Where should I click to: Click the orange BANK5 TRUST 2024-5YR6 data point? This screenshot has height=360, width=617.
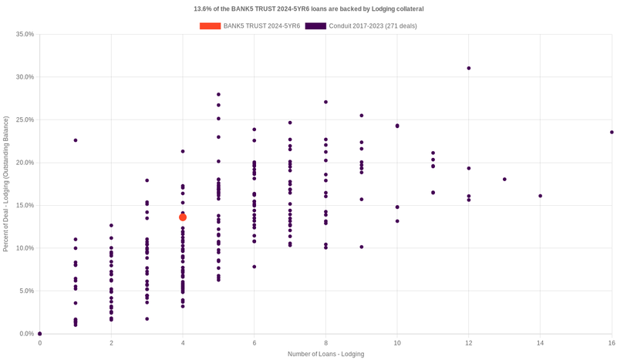click(183, 217)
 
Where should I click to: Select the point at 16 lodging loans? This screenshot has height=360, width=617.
click(612, 132)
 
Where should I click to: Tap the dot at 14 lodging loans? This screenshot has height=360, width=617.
click(540, 196)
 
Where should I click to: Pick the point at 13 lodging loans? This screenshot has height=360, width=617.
click(504, 179)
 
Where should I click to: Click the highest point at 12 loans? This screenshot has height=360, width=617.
click(469, 68)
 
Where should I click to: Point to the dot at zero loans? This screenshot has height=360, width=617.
click(40, 334)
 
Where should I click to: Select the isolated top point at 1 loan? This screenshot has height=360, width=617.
click(76, 140)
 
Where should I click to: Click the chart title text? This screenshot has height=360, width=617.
click(308, 8)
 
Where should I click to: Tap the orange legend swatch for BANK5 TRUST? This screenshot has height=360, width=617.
click(210, 26)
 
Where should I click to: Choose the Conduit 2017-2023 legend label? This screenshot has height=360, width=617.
click(373, 26)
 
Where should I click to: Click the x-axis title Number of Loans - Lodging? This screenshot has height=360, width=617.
click(325, 354)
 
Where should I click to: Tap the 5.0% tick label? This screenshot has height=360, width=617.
click(26, 291)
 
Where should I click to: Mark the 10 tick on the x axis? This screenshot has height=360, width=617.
click(397, 342)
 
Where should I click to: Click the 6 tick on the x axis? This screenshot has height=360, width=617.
click(255, 342)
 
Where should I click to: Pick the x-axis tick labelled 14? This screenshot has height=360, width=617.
click(540, 342)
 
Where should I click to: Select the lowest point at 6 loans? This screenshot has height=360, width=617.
click(255, 267)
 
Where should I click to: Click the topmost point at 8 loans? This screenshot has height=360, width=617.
click(325, 102)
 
